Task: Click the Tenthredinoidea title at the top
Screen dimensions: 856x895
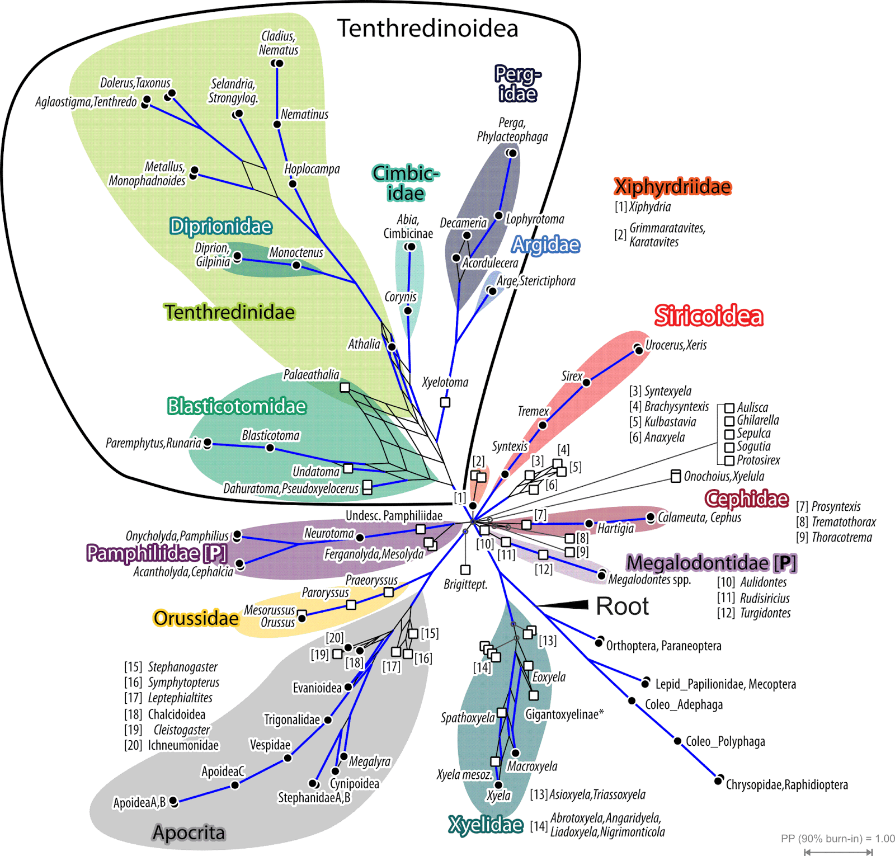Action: click(427, 29)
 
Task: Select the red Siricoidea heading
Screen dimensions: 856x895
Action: click(708, 316)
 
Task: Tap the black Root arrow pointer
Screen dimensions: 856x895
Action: click(565, 604)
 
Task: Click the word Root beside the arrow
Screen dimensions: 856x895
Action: click(622, 606)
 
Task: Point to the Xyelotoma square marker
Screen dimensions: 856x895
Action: click(445, 402)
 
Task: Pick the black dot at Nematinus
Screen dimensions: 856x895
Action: click(277, 124)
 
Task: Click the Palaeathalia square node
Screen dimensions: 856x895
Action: click(345, 387)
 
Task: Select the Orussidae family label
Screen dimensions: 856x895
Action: click(196, 618)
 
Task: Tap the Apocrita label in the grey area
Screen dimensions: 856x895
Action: click(189, 833)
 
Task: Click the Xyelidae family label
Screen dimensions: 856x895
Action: click(486, 825)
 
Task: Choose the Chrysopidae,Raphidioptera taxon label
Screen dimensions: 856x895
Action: click(786, 785)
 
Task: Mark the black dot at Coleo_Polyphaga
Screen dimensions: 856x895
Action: click(677, 741)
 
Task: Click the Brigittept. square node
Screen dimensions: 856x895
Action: click(465, 570)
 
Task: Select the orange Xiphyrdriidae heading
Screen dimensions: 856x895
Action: click(672, 187)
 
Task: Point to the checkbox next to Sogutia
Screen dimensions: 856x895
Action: click(729, 447)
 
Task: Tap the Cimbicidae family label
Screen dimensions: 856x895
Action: click(406, 183)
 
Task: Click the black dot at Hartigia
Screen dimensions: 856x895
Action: click(588, 524)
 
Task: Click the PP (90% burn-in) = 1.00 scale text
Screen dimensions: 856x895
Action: click(837, 839)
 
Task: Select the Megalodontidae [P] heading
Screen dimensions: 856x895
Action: click(711, 563)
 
